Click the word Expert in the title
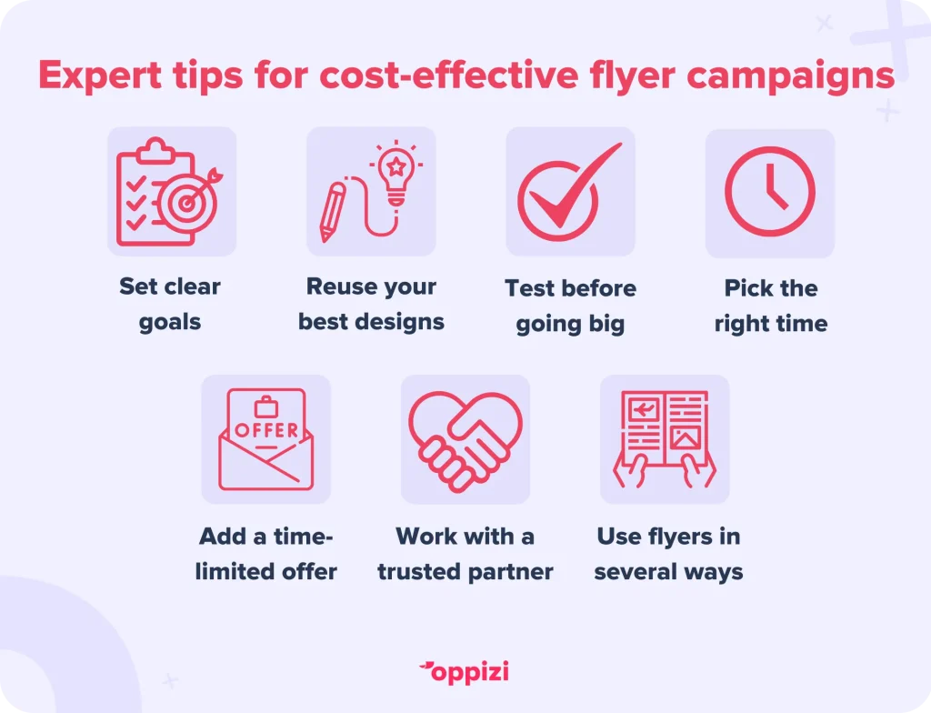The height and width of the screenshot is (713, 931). pyautogui.click(x=100, y=75)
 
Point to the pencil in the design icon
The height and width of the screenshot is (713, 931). pyautogui.click(x=332, y=212)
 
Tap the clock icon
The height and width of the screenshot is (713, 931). pyautogui.click(x=769, y=191)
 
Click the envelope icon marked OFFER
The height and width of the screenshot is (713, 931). pyautogui.click(x=266, y=439)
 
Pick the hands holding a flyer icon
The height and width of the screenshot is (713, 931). pyautogui.click(x=665, y=439)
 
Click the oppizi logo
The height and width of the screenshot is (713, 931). pyautogui.click(x=465, y=673)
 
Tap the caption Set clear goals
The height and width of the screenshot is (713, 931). pyautogui.click(x=170, y=305)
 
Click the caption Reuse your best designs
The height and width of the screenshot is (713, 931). pyautogui.click(x=371, y=304)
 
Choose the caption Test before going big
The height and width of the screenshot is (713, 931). pyautogui.click(x=570, y=306)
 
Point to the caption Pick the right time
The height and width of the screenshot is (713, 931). pyautogui.click(x=771, y=306)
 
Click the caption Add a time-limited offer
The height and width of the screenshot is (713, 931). pyautogui.click(x=266, y=554)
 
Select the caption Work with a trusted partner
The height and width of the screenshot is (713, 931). pyautogui.click(x=465, y=554)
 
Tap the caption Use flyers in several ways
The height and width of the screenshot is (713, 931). pyautogui.click(x=668, y=554)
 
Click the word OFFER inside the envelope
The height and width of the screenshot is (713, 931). pyautogui.click(x=266, y=429)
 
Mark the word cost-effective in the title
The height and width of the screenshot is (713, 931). pyautogui.click(x=449, y=75)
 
